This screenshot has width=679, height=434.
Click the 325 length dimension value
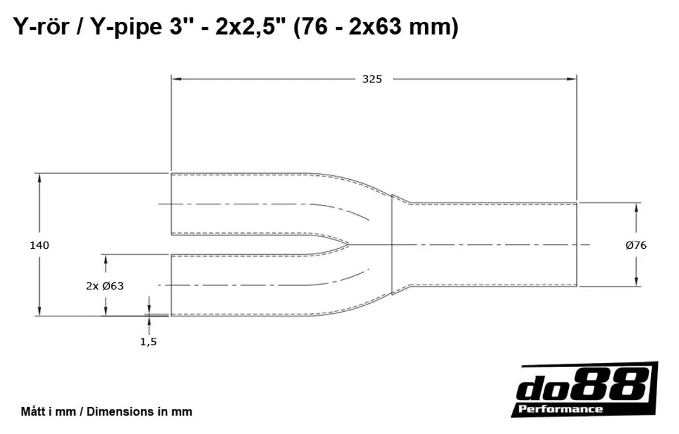click(x=372, y=79)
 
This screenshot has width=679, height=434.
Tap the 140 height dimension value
click(x=39, y=246)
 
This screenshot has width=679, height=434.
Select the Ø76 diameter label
click(x=636, y=246)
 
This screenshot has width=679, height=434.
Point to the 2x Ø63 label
click(x=105, y=286)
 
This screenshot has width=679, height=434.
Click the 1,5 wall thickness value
click(x=149, y=342)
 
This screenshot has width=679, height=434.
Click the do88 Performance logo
click(x=585, y=390)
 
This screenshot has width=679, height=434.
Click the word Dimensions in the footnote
click(x=115, y=411)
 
